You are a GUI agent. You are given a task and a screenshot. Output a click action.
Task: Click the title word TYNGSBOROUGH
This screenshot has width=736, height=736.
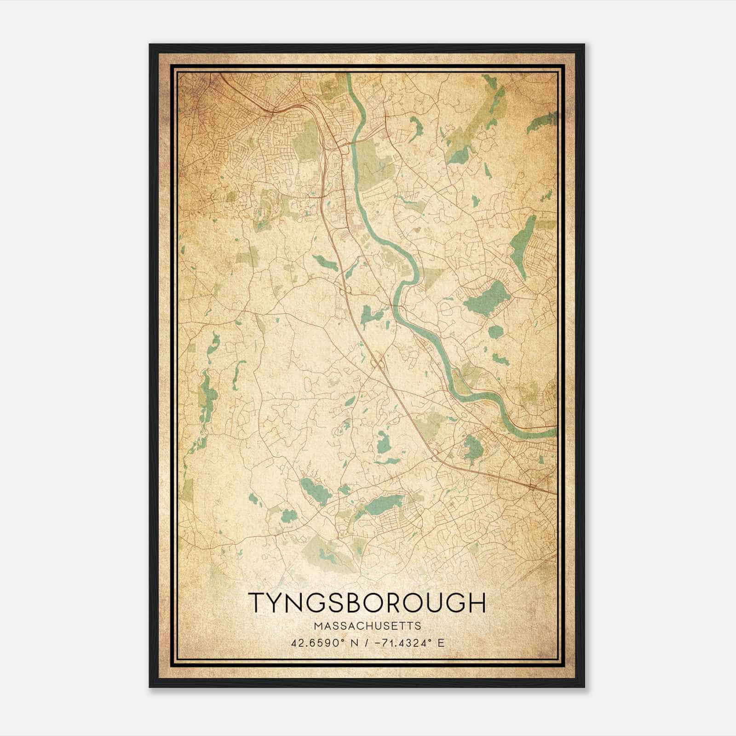(367, 603)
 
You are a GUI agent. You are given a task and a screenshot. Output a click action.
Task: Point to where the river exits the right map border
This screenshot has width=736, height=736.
(556, 432)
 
